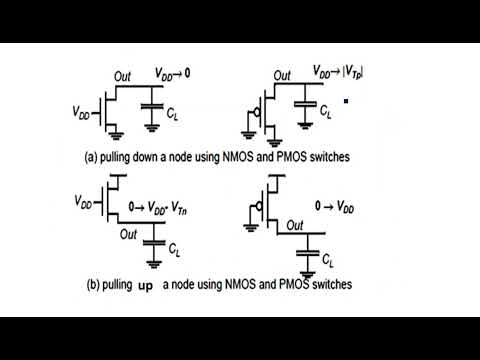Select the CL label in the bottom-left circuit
tap(175, 246)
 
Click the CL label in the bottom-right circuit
tap(329, 259)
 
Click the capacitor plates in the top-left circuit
tap(152, 107)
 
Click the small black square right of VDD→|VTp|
tap(345, 101)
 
